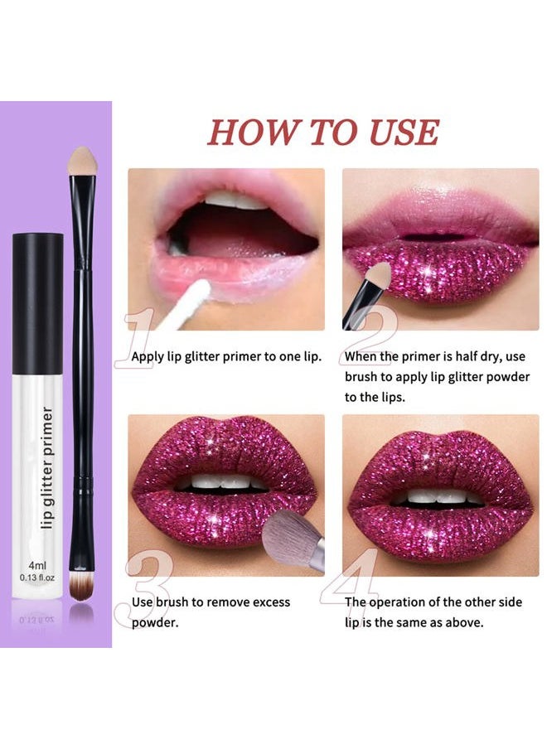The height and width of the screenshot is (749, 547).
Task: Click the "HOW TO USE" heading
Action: pyautogui.click(x=322, y=133)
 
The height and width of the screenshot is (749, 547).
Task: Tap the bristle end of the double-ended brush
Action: pyautogui.click(x=81, y=589)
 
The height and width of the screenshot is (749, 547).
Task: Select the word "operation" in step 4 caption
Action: pyautogui.click(x=398, y=602)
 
